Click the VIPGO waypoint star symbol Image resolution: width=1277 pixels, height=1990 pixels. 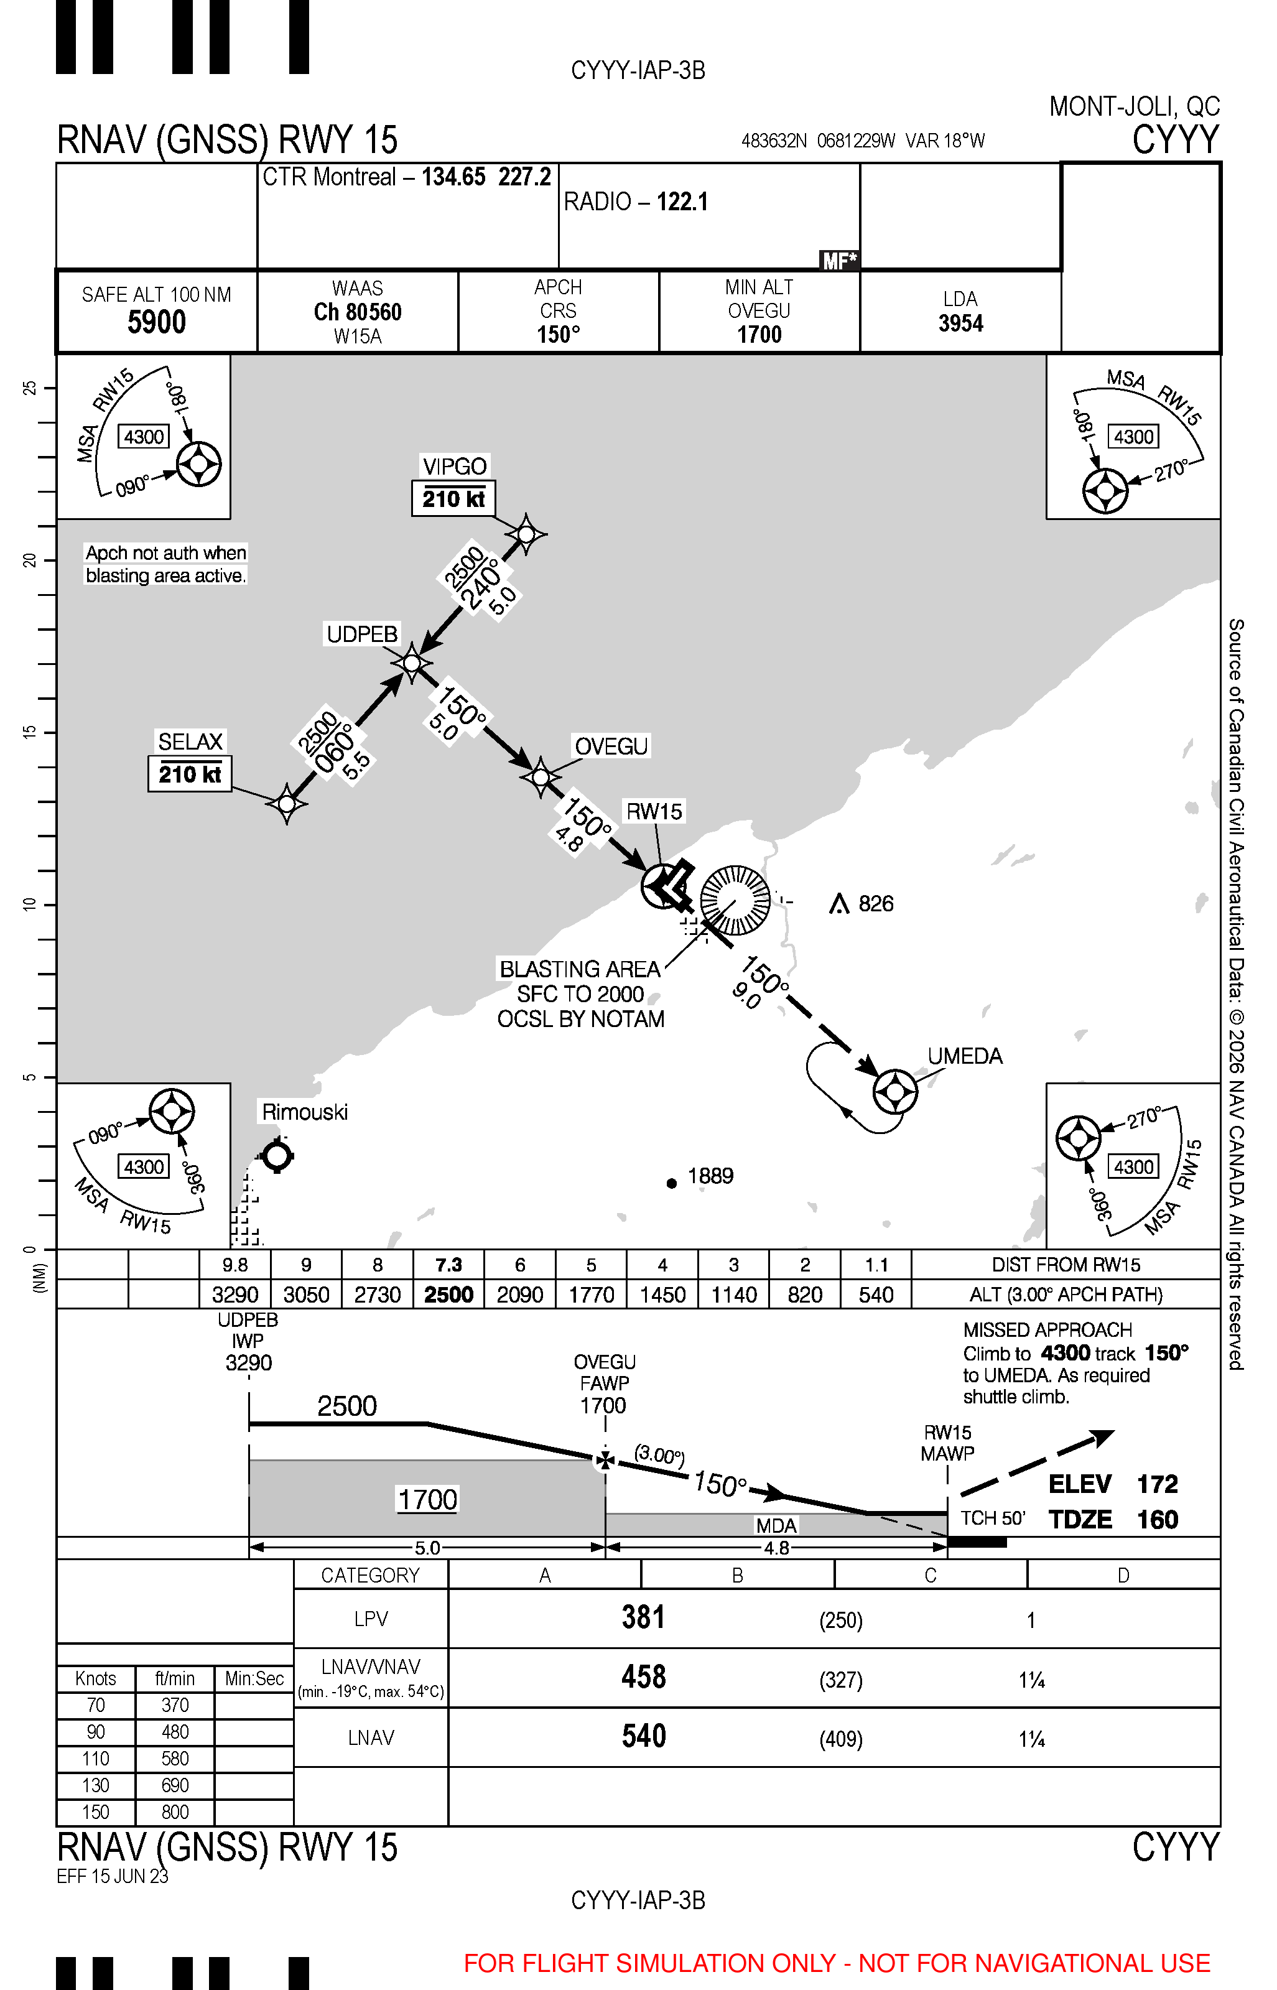coord(526,533)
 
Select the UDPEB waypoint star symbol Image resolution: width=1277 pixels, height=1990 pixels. coord(411,663)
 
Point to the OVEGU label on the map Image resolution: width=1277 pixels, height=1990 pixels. coord(611,746)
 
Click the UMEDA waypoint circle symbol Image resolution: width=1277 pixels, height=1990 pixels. coord(894,1091)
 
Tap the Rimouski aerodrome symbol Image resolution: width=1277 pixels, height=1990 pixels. coord(277,1155)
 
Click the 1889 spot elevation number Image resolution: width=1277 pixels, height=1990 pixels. coord(710,1176)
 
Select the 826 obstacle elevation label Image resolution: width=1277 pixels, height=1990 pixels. coord(876,903)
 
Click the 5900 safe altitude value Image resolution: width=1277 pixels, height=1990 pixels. coord(157,322)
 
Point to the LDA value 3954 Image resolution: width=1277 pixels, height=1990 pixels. coord(960,323)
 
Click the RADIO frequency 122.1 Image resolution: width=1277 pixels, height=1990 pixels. coord(682,202)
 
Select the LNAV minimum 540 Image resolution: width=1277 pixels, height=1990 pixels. coord(643,1736)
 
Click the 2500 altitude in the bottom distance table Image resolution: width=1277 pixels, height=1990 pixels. coord(448,1295)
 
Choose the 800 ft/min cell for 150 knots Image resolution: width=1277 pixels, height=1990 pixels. coord(175,1811)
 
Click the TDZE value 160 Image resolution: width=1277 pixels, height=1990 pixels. coord(1157,1519)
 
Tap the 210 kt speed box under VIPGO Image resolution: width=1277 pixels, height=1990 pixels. coord(453,498)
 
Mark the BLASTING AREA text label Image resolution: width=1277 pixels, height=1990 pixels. coord(580,969)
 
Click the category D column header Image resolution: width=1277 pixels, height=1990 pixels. coord(1123,1574)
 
